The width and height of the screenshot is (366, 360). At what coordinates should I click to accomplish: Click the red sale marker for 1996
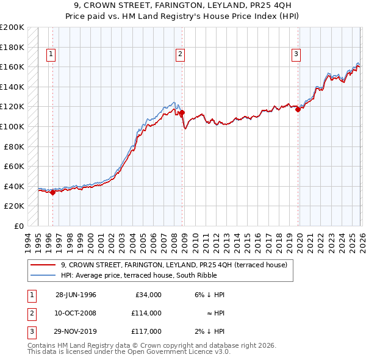[52, 192]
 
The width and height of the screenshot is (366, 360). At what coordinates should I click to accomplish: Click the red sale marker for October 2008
[182, 112]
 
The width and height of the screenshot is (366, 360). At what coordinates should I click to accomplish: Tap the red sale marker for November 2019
[298, 109]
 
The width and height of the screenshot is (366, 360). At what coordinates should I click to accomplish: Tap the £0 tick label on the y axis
[20, 226]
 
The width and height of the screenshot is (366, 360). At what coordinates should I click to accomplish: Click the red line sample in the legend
[43, 265]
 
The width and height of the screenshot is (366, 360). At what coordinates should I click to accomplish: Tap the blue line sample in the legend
[43, 275]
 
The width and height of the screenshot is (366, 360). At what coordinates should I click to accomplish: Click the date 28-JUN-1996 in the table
[76, 295]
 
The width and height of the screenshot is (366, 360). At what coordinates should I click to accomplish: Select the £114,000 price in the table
[146, 313]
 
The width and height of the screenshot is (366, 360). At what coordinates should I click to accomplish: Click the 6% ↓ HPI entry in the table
[209, 295]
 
